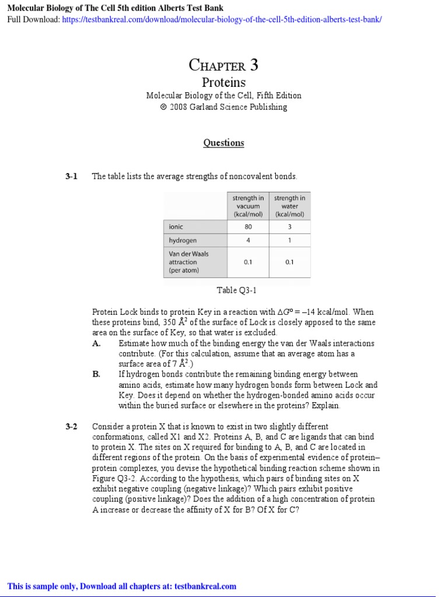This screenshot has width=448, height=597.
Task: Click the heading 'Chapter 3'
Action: pyautogui.click(x=223, y=65)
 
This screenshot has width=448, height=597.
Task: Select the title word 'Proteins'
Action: pyautogui.click(x=223, y=82)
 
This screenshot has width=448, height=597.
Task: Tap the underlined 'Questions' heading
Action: pyautogui.click(x=223, y=143)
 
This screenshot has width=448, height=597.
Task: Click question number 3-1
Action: pyautogui.click(x=71, y=176)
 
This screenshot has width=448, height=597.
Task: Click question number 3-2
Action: pyautogui.click(x=71, y=426)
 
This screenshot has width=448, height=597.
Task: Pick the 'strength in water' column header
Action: pyautogui.click(x=289, y=206)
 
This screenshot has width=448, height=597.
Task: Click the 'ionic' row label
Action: pyautogui.click(x=176, y=227)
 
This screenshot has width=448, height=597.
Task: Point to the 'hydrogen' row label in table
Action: pyautogui.click(x=183, y=240)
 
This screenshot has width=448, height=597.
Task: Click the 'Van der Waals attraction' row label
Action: pyautogui.click(x=188, y=262)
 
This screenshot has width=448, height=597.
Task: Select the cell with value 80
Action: pyautogui.click(x=248, y=227)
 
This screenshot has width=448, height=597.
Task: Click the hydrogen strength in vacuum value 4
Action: pyautogui.click(x=248, y=240)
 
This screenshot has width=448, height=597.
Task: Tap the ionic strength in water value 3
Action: pyautogui.click(x=289, y=227)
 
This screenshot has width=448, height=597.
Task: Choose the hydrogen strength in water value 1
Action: pyautogui.click(x=289, y=240)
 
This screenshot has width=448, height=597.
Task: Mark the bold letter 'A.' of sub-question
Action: pyautogui.click(x=97, y=343)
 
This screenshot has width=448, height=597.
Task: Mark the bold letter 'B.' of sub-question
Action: pyautogui.click(x=97, y=374)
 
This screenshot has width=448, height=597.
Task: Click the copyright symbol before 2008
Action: pyautogui.click(x=163, y=107)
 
